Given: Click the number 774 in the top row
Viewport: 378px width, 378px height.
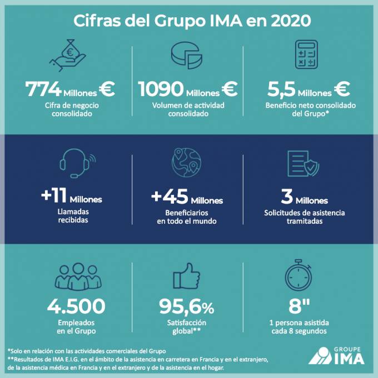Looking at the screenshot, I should pyautogui.click(x=43, y=89).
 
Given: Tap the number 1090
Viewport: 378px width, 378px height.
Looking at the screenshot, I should pyautogui.click(x=160, y=89).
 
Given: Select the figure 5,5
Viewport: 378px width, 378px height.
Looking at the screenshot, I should pyautogui.click(x=281, y=89).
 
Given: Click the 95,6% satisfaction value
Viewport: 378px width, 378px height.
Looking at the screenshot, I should pyautogui.click(x=187, y=306).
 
